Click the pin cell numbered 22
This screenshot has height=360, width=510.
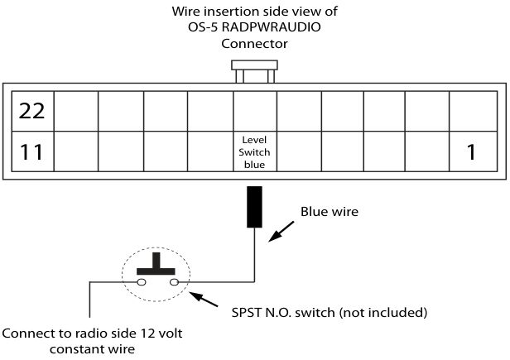[x=32, y=111]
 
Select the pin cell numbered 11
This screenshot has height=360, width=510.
[x=32, y=151]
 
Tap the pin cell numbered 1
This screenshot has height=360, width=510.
[x=474, y=151]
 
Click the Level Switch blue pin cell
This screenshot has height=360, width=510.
[x=255, y=151]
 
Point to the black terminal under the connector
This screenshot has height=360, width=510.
[x=254, y=207]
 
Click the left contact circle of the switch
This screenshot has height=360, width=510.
[x=142, y=282]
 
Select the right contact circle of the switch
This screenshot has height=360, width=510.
[x=175, y=282]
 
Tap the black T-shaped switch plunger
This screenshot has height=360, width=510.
[x=156, y=264]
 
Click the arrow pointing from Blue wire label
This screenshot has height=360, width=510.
[x=281, y=232]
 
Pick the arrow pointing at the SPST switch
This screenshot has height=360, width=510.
[x=204, y=300]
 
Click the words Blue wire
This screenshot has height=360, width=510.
[x=330, y=212]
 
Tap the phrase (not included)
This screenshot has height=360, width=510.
[x=382, y=313]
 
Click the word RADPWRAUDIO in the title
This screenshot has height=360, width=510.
[x=272, y=27]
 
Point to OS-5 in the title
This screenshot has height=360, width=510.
[x=203, y=27]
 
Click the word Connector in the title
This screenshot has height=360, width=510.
[x=254, y=44]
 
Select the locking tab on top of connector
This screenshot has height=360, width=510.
[x=254, y=71]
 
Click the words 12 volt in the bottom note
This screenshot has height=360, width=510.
[x=161, y=334]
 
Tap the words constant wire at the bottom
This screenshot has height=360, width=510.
[x=93, y=349]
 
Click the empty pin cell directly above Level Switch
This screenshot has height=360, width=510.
[x=255, y=111]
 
